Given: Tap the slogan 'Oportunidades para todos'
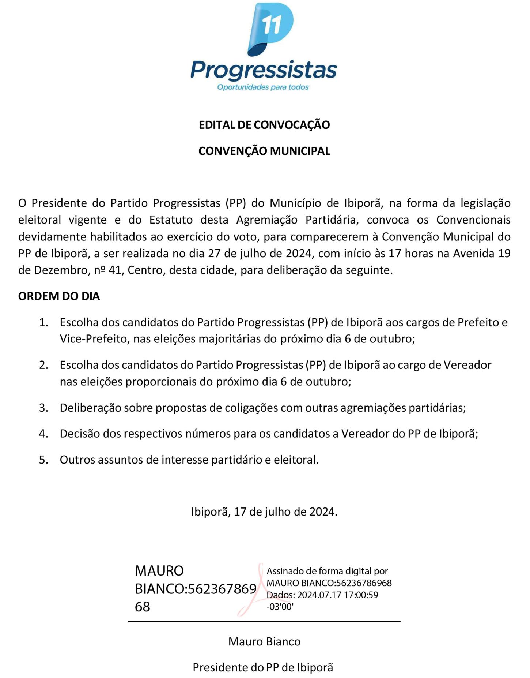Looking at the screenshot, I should pyautogui.click(x=263, y=87).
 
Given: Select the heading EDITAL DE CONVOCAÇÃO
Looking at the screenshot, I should pyautogui.click(x=264, y=125).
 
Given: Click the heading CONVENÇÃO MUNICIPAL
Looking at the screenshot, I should pyautogui.click(x=264, y=151).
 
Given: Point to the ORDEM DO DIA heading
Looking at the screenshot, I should pyautogui.click(x=59, y=296).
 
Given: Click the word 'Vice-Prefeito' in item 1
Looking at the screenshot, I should pyautogui.click(x=93, y=339).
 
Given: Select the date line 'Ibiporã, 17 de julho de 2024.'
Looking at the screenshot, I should pyautogui.click(x=264, y=512).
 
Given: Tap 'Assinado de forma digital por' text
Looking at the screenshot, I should pyautogui.click(x=327, y=571).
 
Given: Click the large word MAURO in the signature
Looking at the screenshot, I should pyautogui.click(x=159, y=571).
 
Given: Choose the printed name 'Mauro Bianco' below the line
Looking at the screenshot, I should pyautogui.click(x=264, y=641).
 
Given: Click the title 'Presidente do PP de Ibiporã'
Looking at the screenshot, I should pyautogui.click(x=263, y=667).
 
